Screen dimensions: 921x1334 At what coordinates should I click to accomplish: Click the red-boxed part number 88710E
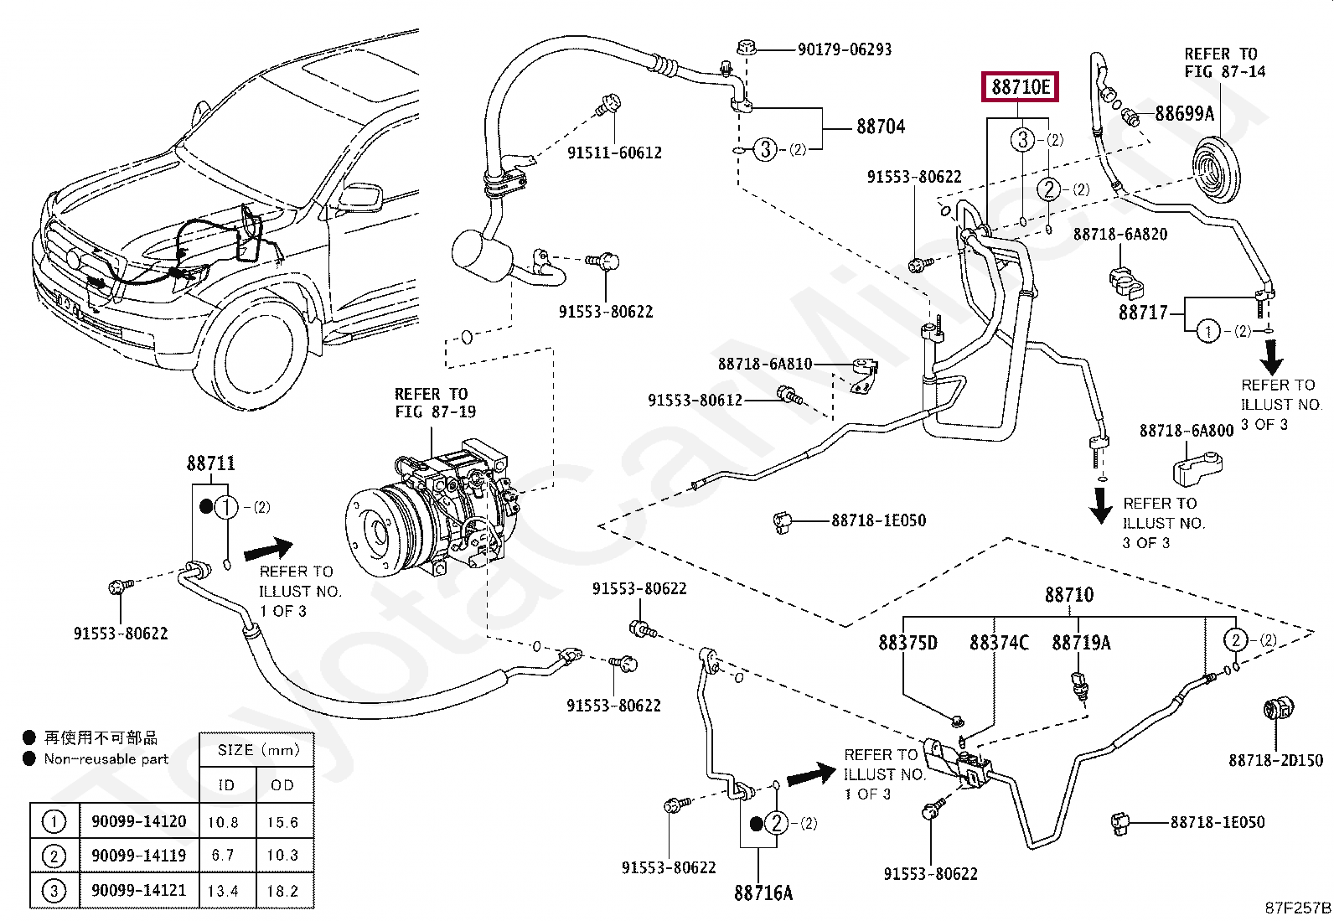coord(1021,86)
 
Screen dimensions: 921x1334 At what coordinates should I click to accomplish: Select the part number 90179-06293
coord(844,49)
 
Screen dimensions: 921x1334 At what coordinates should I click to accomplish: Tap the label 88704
coord(881,127)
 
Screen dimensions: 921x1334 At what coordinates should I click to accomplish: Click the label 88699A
coord(1184,113)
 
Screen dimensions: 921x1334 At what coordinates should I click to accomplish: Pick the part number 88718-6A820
coord(1120,234)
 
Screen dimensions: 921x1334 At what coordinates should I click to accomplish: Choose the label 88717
coord(1143,313)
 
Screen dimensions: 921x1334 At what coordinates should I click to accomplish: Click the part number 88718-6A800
coord(1187,431)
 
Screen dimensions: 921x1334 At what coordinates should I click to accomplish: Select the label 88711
coord(210,463)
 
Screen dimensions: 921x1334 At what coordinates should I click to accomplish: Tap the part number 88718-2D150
coord(1275,760)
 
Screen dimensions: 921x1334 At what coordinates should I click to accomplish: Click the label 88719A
coord(1081,643)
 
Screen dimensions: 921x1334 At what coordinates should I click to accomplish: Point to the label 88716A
coord(763,893)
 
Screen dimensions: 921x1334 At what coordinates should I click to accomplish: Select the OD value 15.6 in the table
coord(282,822)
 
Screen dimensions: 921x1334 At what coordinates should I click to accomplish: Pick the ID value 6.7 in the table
coord(226,856)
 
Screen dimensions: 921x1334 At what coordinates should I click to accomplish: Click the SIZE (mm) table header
coord(257,750)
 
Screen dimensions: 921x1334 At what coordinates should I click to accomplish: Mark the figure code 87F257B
coord(1297,908)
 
